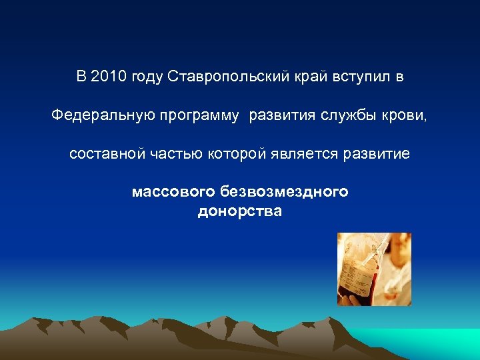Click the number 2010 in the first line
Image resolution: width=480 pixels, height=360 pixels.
[x=109, y=77]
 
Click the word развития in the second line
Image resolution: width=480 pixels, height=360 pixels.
[x=281, y=116]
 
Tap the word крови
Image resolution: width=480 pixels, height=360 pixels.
[x=403, y=116]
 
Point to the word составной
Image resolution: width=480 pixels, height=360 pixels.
[x=107, y=154]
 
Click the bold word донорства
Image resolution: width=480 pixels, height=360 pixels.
[x=240, y=212]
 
